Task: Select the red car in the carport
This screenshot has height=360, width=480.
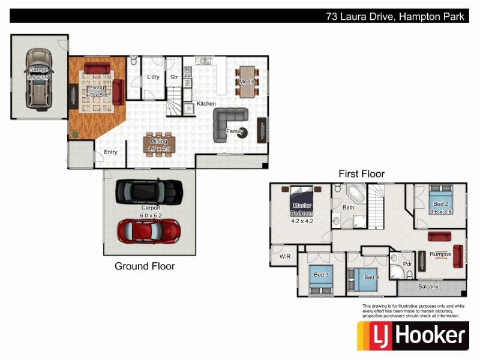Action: [148, 230]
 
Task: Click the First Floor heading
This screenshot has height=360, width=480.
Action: [361, 174]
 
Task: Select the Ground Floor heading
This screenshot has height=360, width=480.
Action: [145, 266]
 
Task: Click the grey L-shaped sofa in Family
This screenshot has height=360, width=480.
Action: [230, 122]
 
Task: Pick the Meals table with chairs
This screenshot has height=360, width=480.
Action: [248, 81]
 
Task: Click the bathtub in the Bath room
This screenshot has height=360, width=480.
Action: [356, 195]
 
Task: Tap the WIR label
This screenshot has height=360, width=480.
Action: [284, 257]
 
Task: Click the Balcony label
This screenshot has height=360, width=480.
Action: [428, 287]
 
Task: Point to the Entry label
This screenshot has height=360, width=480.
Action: [110, 152]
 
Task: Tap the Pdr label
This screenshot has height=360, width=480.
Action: [407, 263]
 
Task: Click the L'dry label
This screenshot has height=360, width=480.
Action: [152, 77]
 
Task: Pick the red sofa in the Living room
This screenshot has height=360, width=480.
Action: [96, 67]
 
